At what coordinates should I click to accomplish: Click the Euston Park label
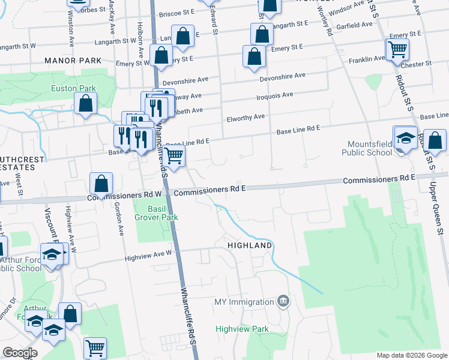coord(73,88)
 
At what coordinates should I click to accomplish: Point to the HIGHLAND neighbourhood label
coord(250,245)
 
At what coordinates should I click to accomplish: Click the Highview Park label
coord(243,329)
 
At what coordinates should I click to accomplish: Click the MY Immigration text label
coord(243,301)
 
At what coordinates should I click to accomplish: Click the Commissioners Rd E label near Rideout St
coord(379,179)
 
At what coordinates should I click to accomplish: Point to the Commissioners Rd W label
coord(124,196)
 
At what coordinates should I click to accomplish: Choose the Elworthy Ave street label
coord(246,118)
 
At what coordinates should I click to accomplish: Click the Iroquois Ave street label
coord(274,95)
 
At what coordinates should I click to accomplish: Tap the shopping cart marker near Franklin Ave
coord(397,50)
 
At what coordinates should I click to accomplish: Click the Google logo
coord(20,353)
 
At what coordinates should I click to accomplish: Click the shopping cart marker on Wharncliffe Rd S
coord(174,157)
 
